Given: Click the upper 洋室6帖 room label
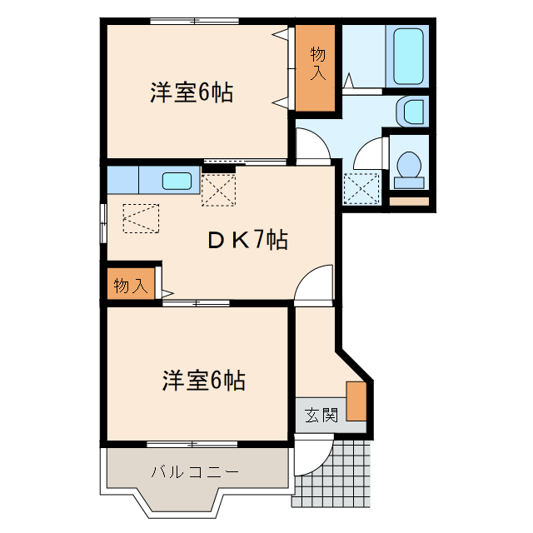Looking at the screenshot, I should tap(191, 92).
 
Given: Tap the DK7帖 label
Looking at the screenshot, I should tap(247, 241).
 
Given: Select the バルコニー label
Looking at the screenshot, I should tap(195, 472).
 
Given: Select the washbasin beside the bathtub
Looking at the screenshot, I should tap(410, 109).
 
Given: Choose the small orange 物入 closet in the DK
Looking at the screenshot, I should tap(130, 286).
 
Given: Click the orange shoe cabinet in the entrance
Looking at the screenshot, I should tap(356, 401).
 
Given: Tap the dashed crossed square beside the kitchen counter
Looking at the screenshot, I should tap(219, 187).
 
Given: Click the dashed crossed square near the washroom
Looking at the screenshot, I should tap(361, 188).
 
